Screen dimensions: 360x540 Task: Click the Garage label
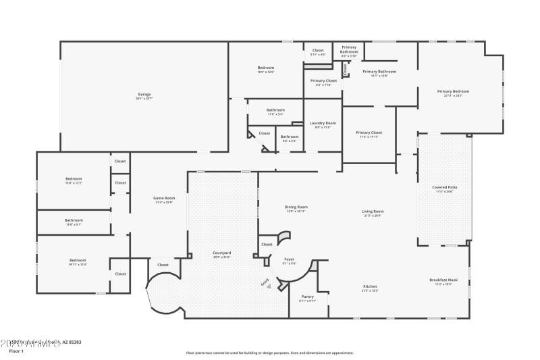point(144,95)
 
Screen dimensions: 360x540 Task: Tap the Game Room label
point(165,198)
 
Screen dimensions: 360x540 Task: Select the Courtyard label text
point(222,253)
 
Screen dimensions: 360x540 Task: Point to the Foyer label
point(289,259)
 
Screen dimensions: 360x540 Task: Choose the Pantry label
point(308,297)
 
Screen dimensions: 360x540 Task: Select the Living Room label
point(373,212)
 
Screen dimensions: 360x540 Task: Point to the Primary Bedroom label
point(453,91)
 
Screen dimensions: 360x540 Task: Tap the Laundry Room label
point(323,123)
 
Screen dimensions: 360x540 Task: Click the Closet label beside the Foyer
point(267,244)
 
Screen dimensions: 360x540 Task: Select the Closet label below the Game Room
point(163,265)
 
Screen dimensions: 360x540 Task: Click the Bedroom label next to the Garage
point(265,68)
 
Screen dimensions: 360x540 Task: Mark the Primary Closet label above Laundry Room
point(323,81)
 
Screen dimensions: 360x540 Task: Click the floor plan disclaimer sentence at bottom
point(270,352)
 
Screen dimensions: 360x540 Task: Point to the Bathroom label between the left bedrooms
point(74,220)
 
